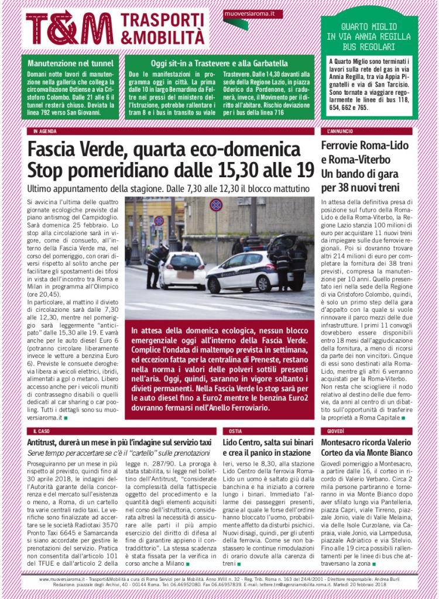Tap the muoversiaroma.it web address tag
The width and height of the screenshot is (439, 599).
[245, 12]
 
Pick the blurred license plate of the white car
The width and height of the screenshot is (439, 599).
[185, 274]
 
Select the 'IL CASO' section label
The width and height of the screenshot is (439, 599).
[42, 431]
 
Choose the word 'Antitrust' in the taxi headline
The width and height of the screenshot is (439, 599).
[44, 442]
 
